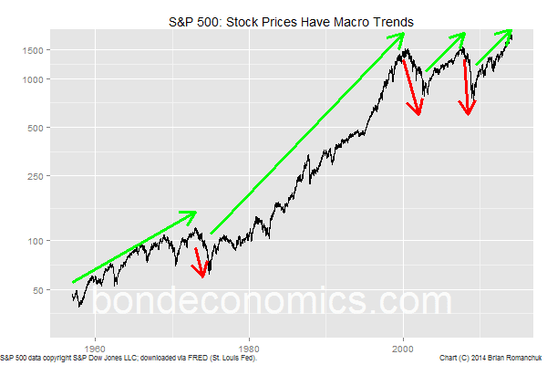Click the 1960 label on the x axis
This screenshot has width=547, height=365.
pos(94,347)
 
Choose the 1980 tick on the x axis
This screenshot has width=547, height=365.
pos(248,347)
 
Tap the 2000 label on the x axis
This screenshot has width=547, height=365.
pos(403,347)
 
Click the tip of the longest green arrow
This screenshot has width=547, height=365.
pos(402,36)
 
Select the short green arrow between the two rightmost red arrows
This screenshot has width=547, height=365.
pos(446,53)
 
